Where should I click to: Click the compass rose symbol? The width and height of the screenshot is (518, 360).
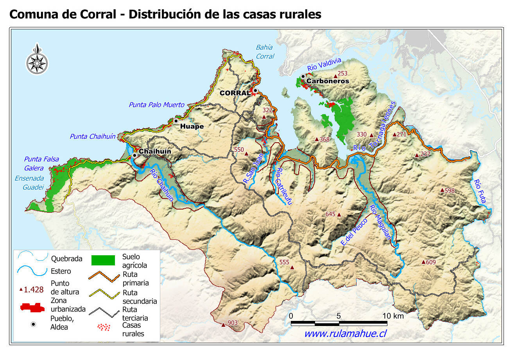(37, 61)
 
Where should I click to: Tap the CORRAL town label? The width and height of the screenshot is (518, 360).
(235, 93)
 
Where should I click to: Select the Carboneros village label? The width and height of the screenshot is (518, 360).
(327, 81)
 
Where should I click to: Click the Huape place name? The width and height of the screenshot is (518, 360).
(192, 127)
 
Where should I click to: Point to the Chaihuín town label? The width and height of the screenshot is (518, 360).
(155, 152)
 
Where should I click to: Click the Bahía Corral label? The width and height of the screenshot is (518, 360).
(265, 52)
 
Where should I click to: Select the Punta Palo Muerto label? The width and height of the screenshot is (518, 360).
(156, 105)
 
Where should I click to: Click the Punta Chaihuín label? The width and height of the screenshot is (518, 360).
(93, 136)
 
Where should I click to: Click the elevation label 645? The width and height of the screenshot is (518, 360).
(330, 214)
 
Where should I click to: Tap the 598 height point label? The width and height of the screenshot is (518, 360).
(450, 191)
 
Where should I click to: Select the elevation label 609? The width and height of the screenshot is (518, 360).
(430, 262)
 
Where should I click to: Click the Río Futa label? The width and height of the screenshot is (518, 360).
(480, 192)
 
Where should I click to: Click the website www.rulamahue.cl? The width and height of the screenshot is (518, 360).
(345, 333)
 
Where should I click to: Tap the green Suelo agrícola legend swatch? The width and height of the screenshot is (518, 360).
(103, 260)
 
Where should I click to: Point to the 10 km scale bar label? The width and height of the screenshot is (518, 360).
(393, 316)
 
